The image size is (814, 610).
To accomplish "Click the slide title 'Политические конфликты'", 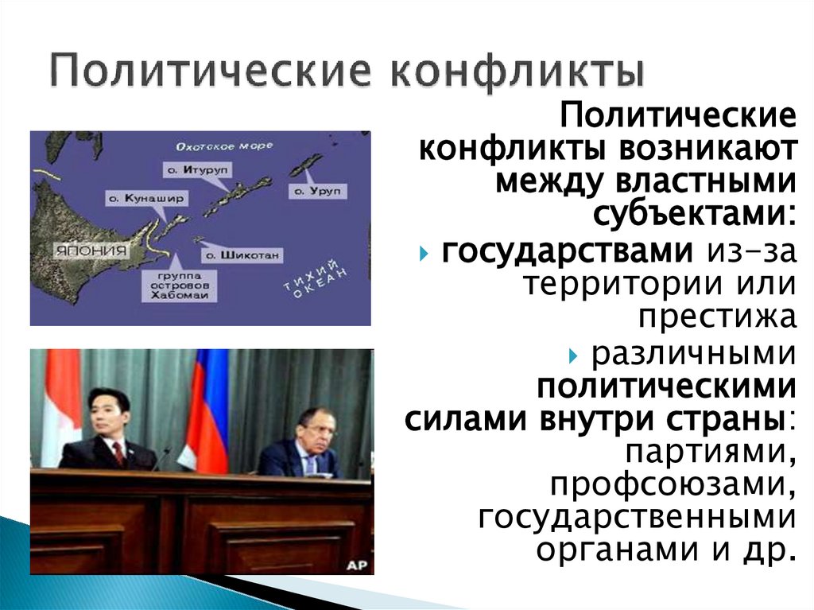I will click(x=347, y=70).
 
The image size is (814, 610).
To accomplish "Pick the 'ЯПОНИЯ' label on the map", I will click(x=90, y=249).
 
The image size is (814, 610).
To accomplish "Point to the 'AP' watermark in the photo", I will click(x=356, y=564).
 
